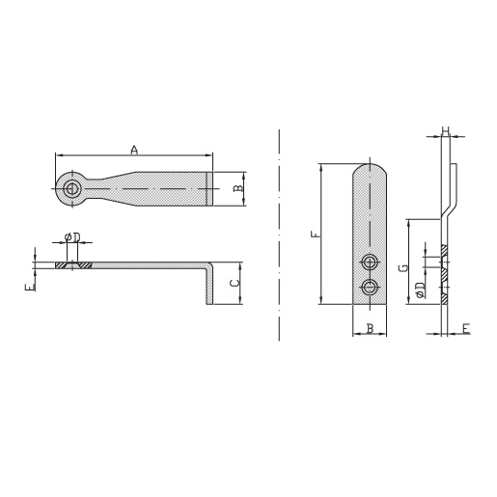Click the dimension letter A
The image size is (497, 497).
[x=134, y=150]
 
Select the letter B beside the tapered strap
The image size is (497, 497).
[x=238, y=188]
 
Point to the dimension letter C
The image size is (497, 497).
[x=235, y=283]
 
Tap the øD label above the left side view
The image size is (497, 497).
[x=72, y=237]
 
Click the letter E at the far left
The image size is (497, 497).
[x=30, y=287]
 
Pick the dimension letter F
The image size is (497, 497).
[x=317, y=234]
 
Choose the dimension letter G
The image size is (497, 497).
[x=403, y=267]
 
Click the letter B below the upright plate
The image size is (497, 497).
[x=370, y=328]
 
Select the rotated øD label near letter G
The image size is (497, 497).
[x=420, y=290]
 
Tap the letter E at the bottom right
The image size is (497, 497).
[x=466, y=328]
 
